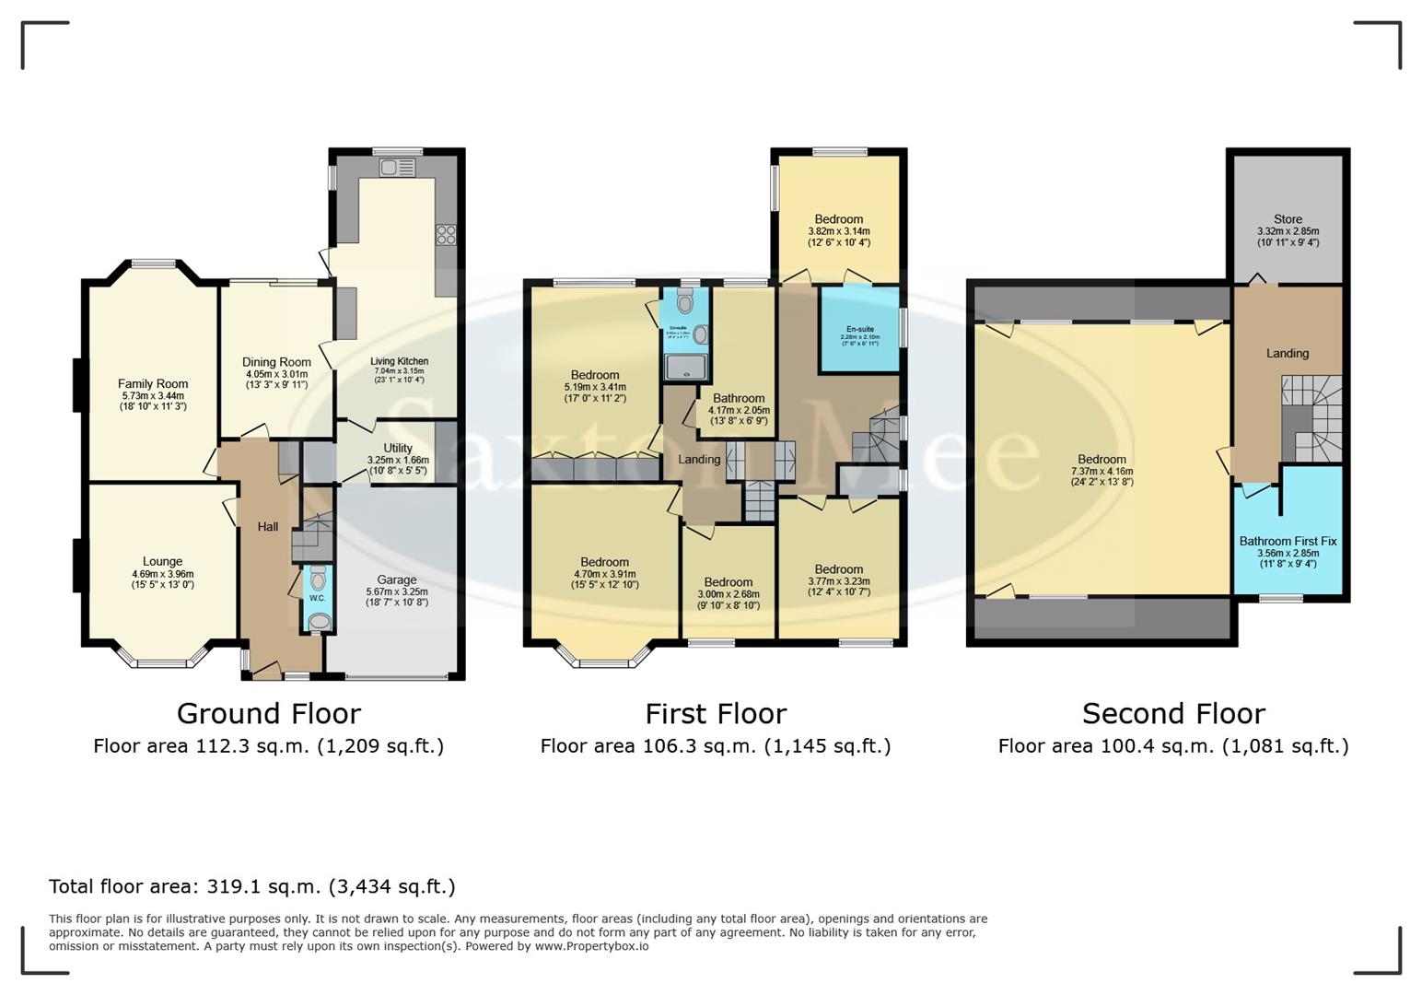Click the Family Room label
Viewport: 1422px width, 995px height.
[x=153, y=384]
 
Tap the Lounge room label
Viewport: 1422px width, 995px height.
[x=162, y=561]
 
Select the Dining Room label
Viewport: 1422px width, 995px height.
[x=276, y=362]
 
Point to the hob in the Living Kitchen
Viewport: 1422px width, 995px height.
[x=446, y=235]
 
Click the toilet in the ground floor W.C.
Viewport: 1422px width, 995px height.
[x=318, y=579]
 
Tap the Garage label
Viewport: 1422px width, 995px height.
[x=397, y=579]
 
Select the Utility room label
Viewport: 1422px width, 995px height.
[x=398, y=449]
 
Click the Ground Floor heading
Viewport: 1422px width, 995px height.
[x=268, y=713]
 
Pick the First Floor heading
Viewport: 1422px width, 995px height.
[x=716, y=713]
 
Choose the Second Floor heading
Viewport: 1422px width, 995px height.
[x=1173, y=713]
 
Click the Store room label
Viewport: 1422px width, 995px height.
[x=1288, y=219]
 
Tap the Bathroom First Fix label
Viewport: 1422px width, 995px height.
[x=1288, y=542]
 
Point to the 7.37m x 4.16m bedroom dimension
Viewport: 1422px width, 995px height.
[x=1101, y=471]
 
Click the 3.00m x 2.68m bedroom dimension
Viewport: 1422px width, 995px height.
[x=728, y=594]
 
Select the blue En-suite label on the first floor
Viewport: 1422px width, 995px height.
[x=859, y=329]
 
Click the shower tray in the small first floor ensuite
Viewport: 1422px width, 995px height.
[x=686, y=368]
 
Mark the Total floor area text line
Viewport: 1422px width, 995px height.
[x=251, y=886]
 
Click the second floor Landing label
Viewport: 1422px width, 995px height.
[x=1287, y=353]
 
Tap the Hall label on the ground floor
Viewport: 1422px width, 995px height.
[x=267, y=527]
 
